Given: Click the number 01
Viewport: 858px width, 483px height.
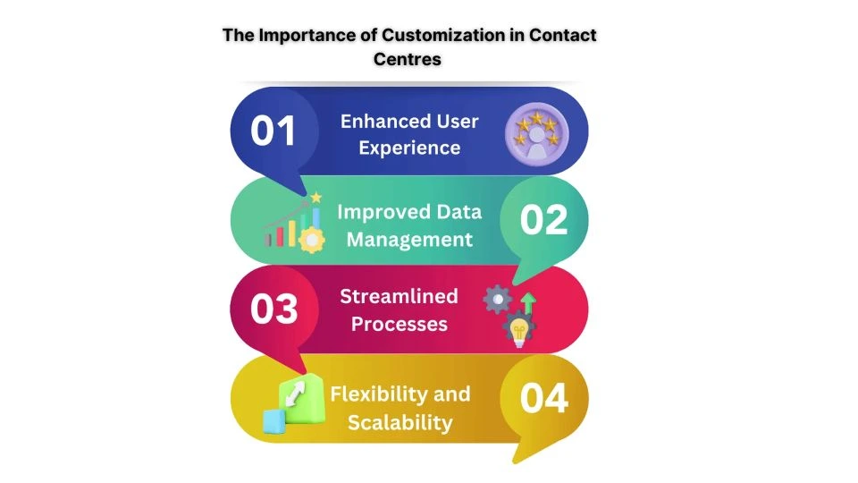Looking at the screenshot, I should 273,131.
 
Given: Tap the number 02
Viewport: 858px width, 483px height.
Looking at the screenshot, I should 543,219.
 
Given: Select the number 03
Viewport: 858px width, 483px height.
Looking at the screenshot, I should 273,309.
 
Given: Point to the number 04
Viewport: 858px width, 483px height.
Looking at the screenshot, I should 543,398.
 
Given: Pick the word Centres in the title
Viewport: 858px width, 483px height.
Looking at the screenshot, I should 409,60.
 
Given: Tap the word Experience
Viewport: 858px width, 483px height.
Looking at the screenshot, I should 409,147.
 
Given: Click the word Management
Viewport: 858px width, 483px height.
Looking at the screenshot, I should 409,239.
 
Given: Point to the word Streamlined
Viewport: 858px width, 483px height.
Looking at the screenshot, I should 399,296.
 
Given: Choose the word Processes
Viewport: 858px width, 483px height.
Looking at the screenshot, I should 399,323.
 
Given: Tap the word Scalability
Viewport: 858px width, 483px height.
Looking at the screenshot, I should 400,421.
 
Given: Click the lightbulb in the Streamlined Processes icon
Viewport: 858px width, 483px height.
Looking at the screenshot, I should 517,331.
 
